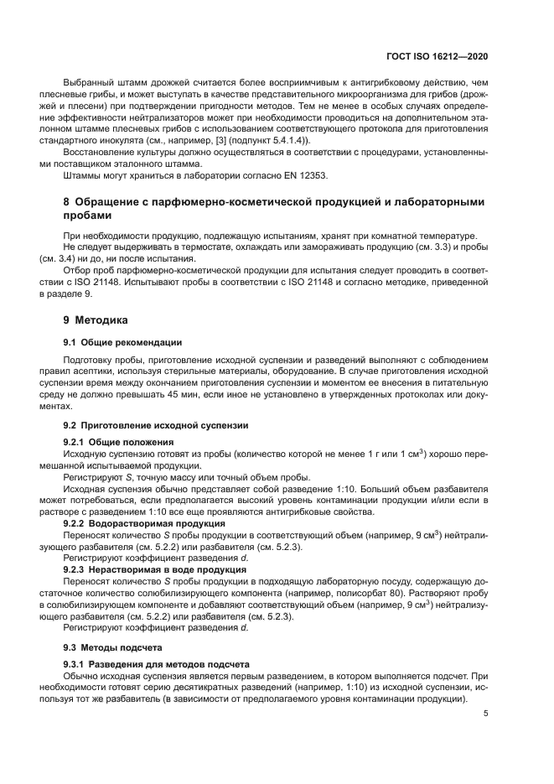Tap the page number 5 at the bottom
coord(485,714)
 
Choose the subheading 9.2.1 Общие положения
coord(119,441)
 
